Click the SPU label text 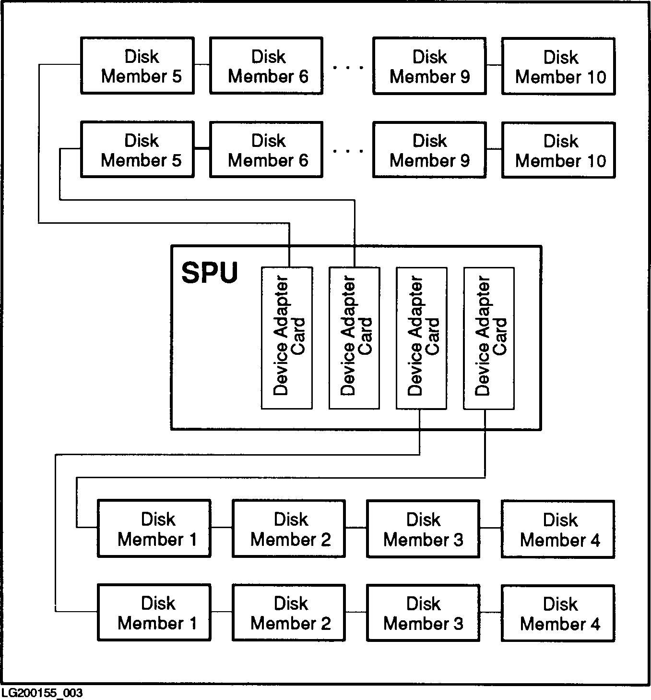(210, 273)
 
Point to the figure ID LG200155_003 (42, 693)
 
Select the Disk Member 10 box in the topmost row (558, 66)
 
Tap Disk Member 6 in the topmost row (266, 66)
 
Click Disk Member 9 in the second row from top (429, 150)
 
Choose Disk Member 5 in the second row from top (137, 150)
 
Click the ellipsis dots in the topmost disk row (348, 68)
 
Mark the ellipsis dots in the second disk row (348, 151)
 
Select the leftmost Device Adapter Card (287, 338)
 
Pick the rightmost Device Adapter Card (489, 338)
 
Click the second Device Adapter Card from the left (354, 338)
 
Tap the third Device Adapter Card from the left (421, 338)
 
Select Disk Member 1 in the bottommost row (154, 613)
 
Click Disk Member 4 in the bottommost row (558, 613)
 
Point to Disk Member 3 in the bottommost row (423, 613)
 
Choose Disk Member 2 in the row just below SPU (289, 529)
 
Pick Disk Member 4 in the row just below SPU (558, 529)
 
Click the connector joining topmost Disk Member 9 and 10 (494, 65)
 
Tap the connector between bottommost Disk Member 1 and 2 (221, 612)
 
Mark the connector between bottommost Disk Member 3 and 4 (490, 612)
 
